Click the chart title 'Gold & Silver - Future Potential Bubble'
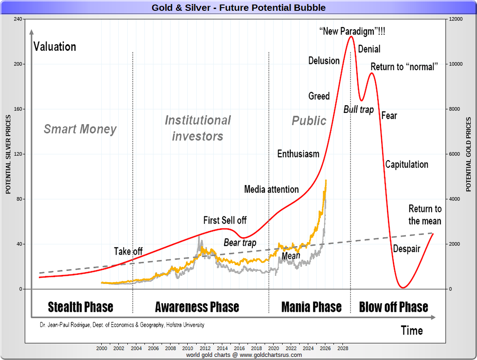point(238,8)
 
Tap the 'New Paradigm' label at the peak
point(352,31)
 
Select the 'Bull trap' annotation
point(359,109)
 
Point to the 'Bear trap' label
point(240,243)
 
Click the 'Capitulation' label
point(406,165)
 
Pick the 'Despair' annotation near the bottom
point(406,249)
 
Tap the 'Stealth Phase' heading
point(81,307)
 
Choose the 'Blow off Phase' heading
point(393,307)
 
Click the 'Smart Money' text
point(80,130)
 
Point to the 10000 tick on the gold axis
point(457,64)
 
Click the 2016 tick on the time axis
point(239,348)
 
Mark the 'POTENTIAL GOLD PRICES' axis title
point(469,154)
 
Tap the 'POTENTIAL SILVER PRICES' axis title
point(8,154)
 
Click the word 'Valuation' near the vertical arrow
point(55,47)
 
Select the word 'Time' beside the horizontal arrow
point(412,331)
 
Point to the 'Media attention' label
point(271,189)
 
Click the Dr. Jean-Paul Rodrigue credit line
point(121,324)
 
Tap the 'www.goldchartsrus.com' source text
point(270,355)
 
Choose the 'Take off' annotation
point(128,252)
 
